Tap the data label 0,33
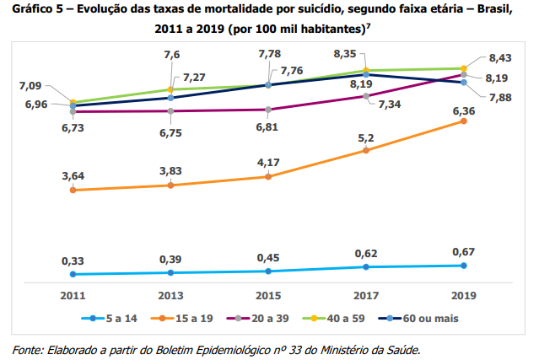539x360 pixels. click(x=73, y=262)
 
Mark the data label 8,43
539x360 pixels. click(x=501, y=58)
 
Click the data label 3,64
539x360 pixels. click(x=73, y=176)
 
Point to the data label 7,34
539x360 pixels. click(x=391, y=105)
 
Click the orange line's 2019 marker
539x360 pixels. click(x=463, y=121)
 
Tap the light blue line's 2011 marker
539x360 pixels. click(x=73, y=274)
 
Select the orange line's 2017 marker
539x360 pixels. click(x=365, y=150)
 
